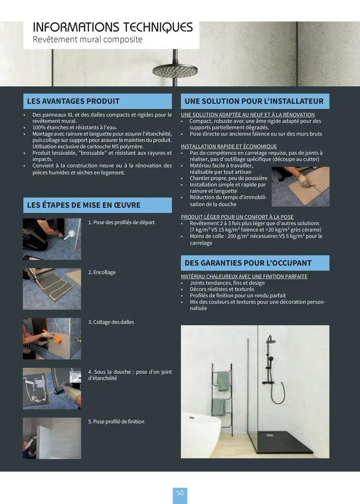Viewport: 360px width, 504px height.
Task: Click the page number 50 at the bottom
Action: tap(180, 493)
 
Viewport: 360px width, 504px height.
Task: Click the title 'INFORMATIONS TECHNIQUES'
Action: tap(113, 27)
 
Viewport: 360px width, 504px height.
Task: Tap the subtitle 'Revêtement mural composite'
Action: tap(87, 40)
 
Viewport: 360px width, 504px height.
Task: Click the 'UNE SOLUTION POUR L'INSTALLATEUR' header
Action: tap(254, 101)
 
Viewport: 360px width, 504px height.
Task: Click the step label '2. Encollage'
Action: tap(102, 272)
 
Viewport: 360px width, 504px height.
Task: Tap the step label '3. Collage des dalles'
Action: tap(111, 322)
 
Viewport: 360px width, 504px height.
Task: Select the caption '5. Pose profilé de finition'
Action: tap(116, 422)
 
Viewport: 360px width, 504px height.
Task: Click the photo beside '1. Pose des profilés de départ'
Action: tap(51, 239)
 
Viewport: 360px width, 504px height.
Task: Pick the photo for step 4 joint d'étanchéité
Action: tap(51, 388)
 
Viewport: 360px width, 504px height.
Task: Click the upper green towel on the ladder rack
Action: tap(223, 381)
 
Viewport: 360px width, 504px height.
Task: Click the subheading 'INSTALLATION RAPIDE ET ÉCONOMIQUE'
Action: tap(229, 147)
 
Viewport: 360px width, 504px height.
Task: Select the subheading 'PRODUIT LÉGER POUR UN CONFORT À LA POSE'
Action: tap(237, 217)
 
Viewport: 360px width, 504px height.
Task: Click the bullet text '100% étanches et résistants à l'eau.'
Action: tap(75, 127)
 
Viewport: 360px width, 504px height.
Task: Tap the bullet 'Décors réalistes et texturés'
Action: tap(222, 289)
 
